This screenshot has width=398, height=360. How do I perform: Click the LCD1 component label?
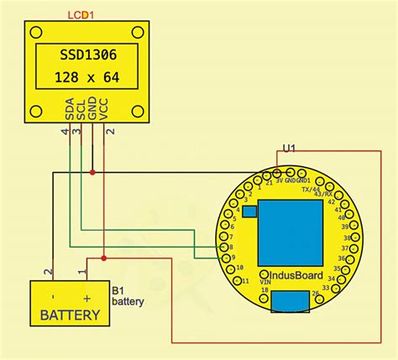pyautogui.click(x=81, y=14)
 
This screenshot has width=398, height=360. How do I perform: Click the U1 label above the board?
pyautogui.click(x=289, y=148)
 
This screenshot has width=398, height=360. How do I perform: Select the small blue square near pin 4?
pyautogui.click(x=249, y=213)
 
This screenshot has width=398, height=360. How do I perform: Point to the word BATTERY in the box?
pyautogui.click(x=71, y=316)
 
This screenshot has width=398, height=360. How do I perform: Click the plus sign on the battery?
pyautogui.click(x=86, y=297)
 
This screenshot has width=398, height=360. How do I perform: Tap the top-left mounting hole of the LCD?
pyautogui.click(x=35, y=32)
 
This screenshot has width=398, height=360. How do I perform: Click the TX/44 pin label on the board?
pyautogui.click(x=311, y=190)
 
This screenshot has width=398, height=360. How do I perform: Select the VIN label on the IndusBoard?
pyautogui.click(x=265, y=283)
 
